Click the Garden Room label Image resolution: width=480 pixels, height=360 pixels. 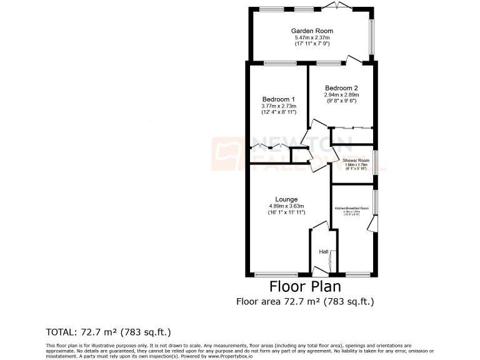(311, 31)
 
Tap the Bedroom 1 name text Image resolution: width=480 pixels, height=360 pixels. (278, 99)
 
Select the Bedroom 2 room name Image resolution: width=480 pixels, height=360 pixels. (341, 88)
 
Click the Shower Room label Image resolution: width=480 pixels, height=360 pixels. (356, 161)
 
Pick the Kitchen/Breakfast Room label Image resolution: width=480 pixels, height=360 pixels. (351, 207)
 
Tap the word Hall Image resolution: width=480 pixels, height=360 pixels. (324, 252)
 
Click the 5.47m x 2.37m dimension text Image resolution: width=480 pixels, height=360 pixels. (311, 37)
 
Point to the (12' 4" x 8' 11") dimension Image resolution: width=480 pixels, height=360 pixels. (278, 113)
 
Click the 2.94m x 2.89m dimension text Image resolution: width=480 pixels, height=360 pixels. (341, 95)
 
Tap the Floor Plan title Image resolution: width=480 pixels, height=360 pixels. (305, 287)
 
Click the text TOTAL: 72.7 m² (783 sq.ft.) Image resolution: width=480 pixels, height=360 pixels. (109, 331)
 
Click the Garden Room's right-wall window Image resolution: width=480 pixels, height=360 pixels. (373, 37)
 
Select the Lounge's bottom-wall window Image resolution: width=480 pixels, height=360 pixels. (276, 274)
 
